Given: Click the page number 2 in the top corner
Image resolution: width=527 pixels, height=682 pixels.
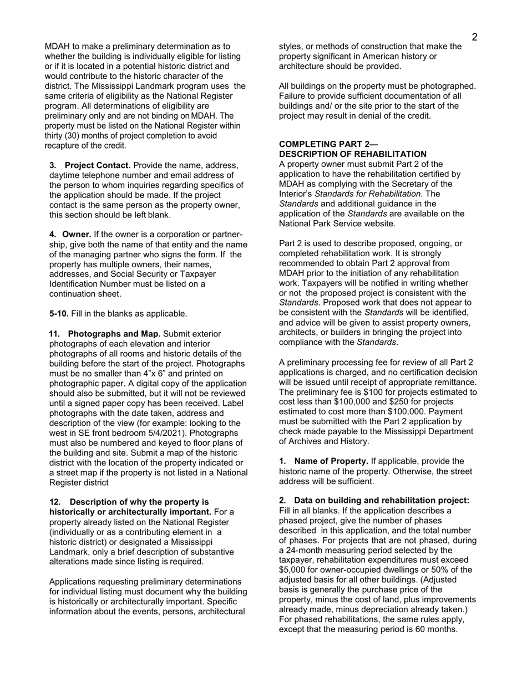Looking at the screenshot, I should pos(474,37).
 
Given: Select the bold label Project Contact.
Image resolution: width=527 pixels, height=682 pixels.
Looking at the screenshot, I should pos(98,165).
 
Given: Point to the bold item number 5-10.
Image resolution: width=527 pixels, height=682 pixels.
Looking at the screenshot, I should pos(59,314).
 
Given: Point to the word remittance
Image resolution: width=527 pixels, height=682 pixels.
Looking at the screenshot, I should pos(452,382).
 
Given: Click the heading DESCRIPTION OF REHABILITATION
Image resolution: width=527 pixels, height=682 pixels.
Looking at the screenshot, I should pos(352,154).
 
